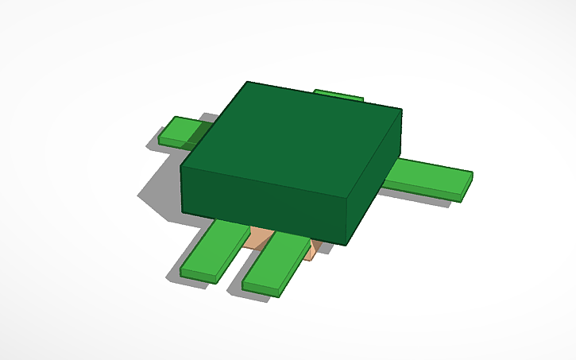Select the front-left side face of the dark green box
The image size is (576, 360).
[262, 203]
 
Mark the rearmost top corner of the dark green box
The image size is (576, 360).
[248, 82]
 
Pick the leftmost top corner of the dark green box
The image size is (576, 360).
[181, 167]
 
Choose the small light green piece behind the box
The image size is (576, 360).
[339, 95]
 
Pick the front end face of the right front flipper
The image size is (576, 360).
[261, 288]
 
